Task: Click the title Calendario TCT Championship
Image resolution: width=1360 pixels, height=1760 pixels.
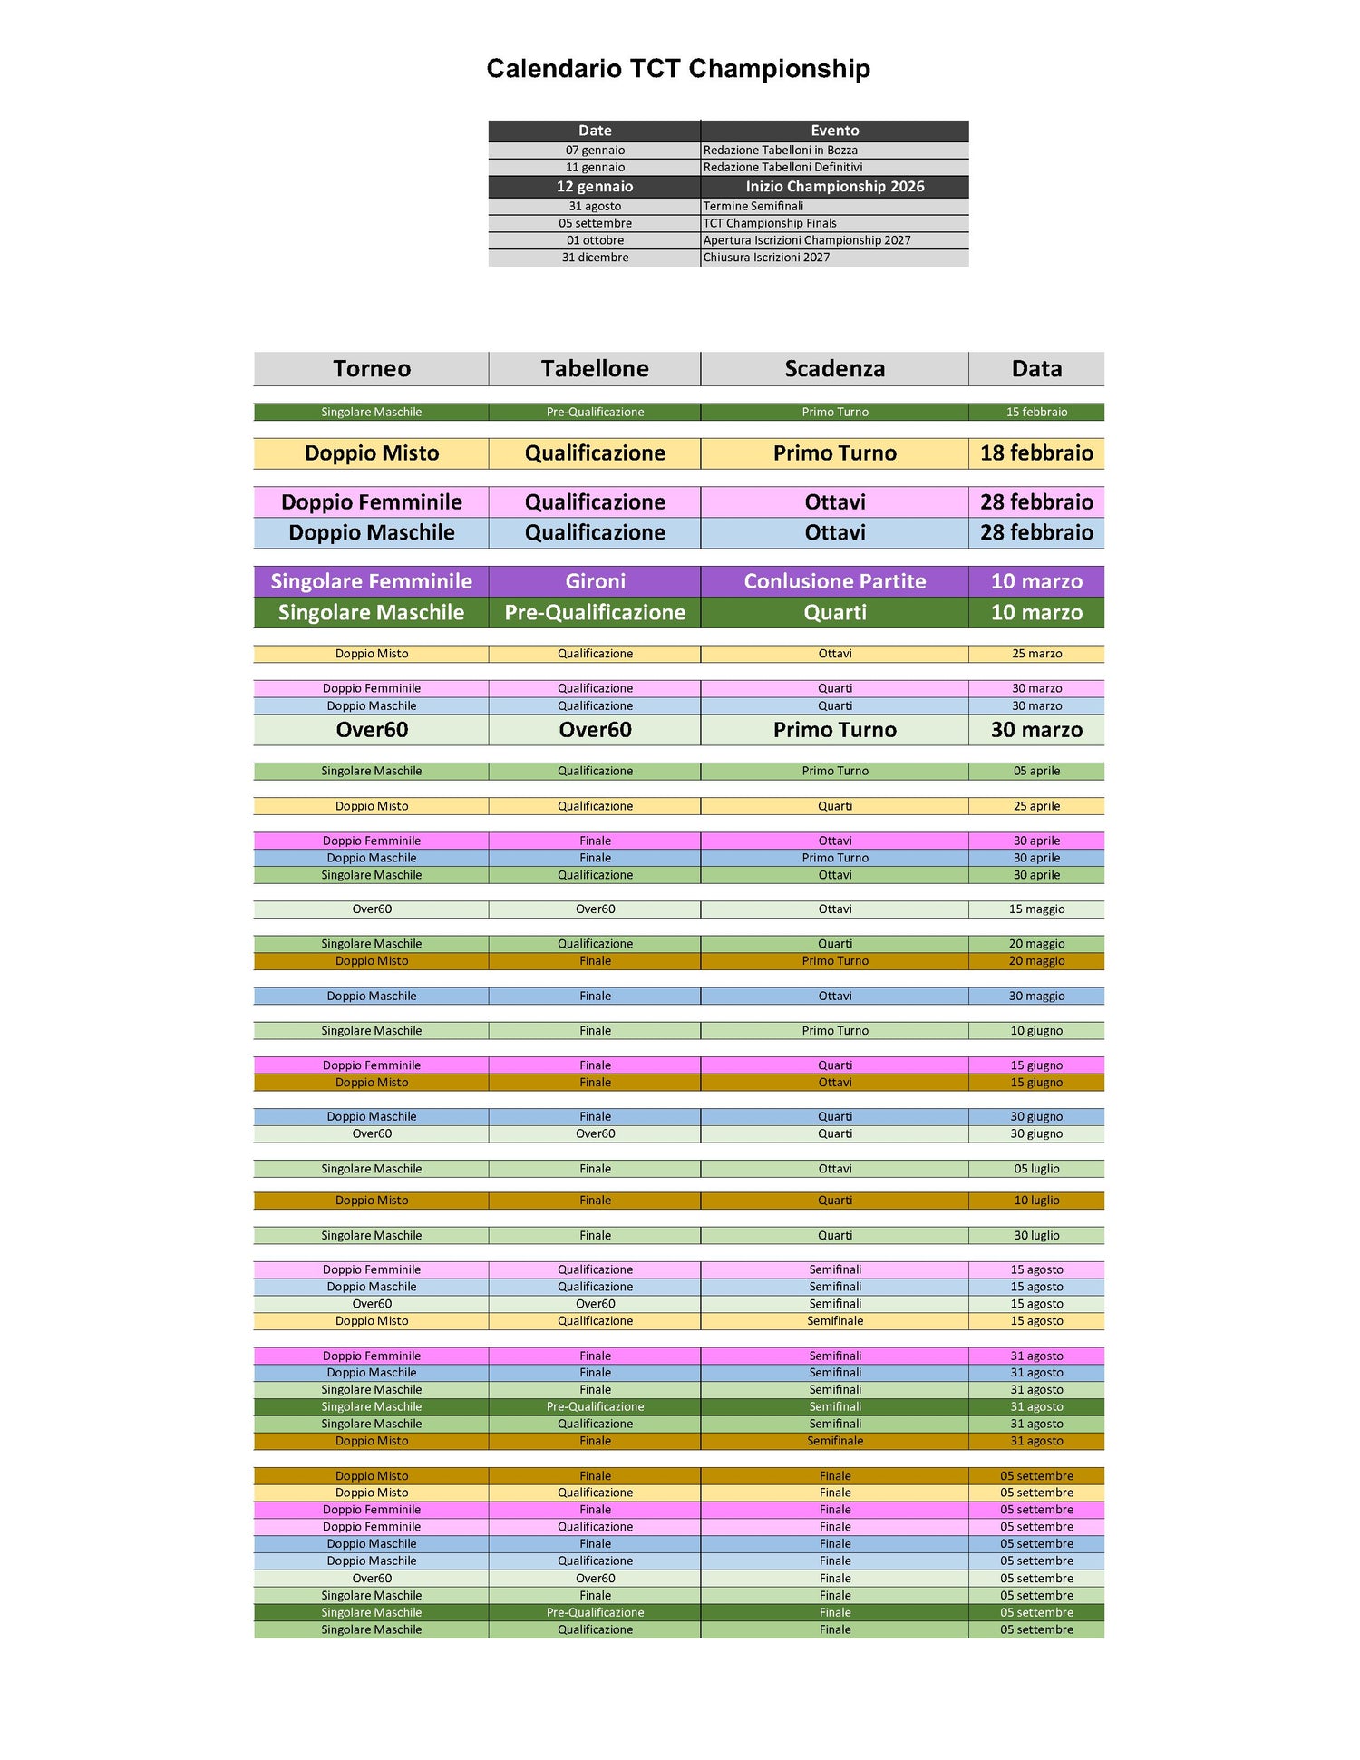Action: tap(678, 69)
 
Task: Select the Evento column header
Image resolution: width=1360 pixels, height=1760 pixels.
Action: tap(834, 131)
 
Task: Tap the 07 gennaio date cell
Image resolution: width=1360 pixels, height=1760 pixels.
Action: tap(595, 151)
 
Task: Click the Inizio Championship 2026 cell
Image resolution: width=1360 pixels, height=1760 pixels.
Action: tap(834, 187)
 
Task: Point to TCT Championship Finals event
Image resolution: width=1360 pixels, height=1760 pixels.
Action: tap(770, 223)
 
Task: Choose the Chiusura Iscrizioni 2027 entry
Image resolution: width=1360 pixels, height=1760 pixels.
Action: tap(766, 258)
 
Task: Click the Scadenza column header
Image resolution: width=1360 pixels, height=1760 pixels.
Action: tap(834, 369)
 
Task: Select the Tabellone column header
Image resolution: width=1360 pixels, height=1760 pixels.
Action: tap(595, 369)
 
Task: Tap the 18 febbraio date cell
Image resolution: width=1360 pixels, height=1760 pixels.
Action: tap(1036, 453)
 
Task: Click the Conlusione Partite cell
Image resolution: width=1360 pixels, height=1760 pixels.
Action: tap(834, 581)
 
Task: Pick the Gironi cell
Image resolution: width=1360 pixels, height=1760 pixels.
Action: tap(595, 581)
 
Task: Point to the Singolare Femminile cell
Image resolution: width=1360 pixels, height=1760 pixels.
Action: tap(372, 581)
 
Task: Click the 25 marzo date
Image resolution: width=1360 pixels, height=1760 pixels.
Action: tap(1036, 654)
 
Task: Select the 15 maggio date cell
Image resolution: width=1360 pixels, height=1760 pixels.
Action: tap(1036, 909)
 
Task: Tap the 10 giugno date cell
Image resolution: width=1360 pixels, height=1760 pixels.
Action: tap(1036, 1031)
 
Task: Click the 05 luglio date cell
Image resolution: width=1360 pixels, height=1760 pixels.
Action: tap(1036, 1169)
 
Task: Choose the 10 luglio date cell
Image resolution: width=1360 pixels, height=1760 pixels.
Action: tap(1036, 1201)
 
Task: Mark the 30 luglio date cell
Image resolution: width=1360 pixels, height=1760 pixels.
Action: tap(1036, 1236)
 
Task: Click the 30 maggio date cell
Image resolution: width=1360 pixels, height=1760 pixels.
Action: tap(1036, 997)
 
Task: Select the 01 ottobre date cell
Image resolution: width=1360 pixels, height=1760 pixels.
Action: tap(595, 240)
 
